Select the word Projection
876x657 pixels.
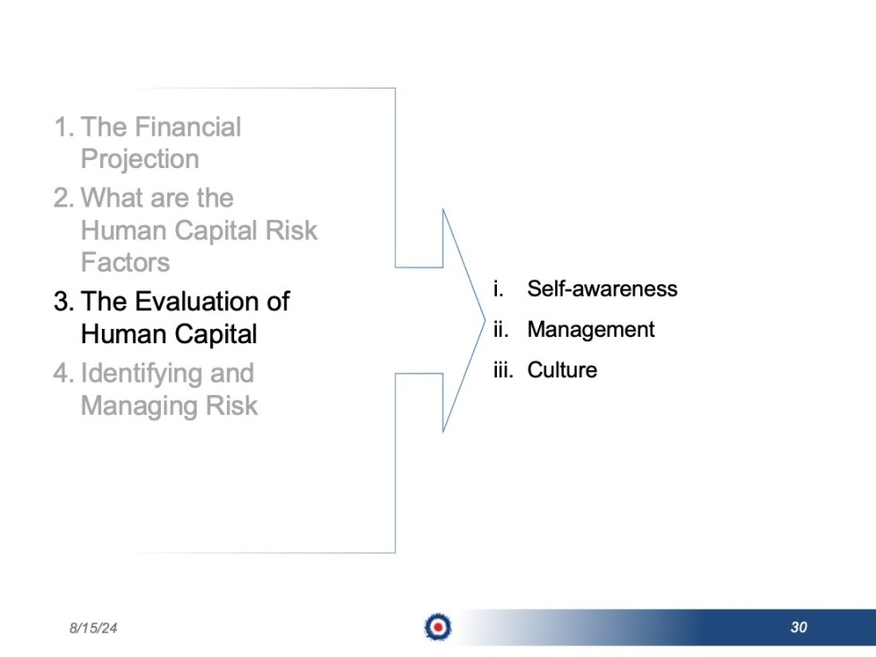click(x=139, y=159)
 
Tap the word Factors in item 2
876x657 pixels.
click(x=125, y=263)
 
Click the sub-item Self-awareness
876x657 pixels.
click(x=602, y=289)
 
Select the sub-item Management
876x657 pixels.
click(x=590, y=329)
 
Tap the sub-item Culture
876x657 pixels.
click(x=561, y=370)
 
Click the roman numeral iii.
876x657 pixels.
click(x=502, y=370)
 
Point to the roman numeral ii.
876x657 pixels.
click(x=501, y=329)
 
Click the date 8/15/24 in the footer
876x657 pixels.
click(x=93, y=628)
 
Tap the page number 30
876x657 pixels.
click(x=798, y=628)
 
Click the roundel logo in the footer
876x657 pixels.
click(x=438, y=628)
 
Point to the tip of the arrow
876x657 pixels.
click(x=484, y=320)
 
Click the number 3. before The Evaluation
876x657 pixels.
click(x=63, y=301)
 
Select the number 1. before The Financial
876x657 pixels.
click(x=63, y=127)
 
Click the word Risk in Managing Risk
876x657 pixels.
click(x=231, y=406)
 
